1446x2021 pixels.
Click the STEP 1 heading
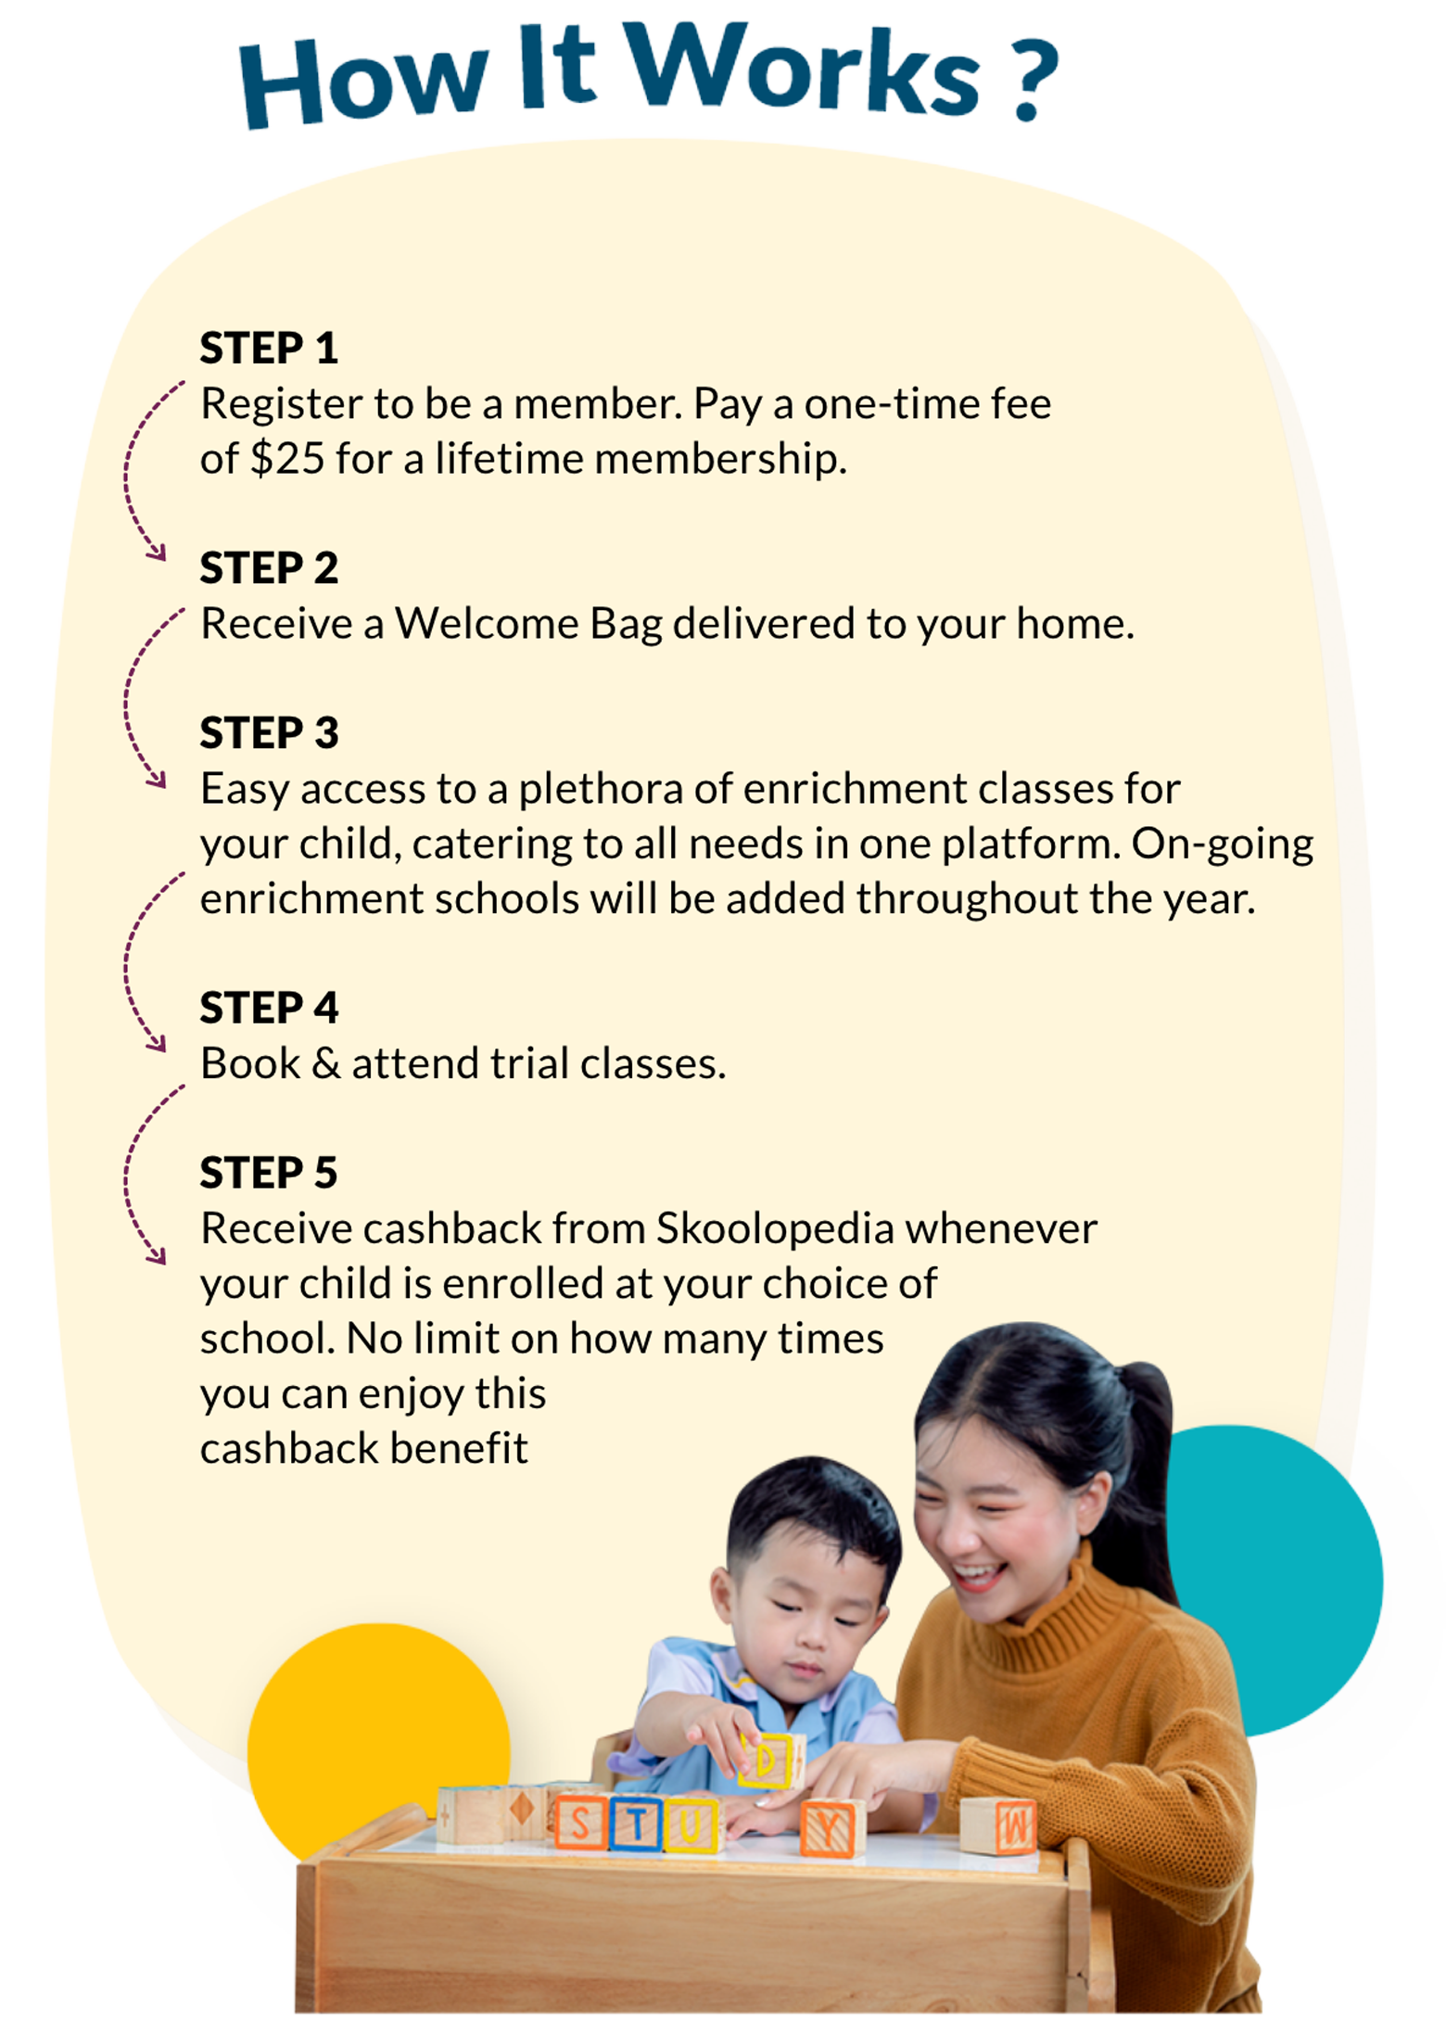(x=269, y=349)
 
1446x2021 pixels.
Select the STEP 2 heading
(x=269, y=568)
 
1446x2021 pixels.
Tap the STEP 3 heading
(x=269, y=733)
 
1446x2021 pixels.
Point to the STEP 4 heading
(x=269, y=1008)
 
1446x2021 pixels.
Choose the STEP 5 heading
(x=269, y=1173)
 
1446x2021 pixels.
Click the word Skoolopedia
(x=776, y=1229)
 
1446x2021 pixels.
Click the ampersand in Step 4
(x=326, y=1064)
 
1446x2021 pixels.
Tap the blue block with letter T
(x=637, y=1824)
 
